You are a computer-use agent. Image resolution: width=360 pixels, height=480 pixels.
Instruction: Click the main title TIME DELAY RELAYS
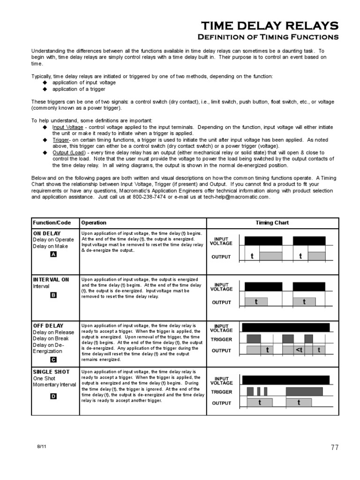point(270,25)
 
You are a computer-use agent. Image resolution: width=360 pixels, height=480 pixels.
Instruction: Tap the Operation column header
point(94,223)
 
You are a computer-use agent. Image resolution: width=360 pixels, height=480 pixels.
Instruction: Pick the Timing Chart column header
point(272,223)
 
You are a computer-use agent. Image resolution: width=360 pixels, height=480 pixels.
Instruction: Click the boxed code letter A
point(53,255)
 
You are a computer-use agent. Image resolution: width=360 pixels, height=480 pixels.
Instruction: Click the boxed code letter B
point(53,295)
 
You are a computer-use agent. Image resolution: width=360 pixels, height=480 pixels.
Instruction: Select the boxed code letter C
point(53,360)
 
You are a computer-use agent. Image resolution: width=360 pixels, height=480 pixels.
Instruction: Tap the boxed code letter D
point(53,396)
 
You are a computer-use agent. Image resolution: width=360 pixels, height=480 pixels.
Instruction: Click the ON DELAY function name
point(46,233)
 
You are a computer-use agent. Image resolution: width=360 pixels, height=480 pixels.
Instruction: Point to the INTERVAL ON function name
point(51,279)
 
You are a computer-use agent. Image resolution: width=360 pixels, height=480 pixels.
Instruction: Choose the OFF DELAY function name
point(48,325)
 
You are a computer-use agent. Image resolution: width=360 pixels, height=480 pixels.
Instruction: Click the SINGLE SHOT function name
point(51,372)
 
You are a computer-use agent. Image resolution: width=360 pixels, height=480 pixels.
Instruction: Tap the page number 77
point(334,448)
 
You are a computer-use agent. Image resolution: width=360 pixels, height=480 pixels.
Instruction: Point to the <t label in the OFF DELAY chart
point(299,350)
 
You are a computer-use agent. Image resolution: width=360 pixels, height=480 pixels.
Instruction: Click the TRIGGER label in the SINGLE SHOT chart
point(221,392)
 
